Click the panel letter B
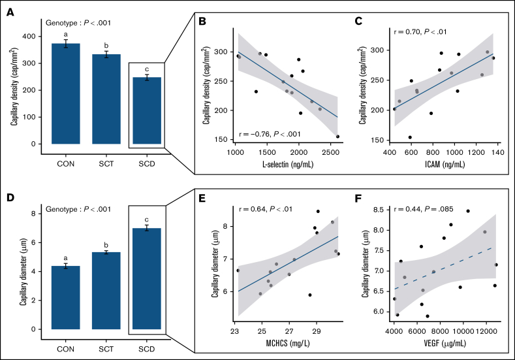pos(202,23)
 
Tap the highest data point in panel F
pos(468,211)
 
